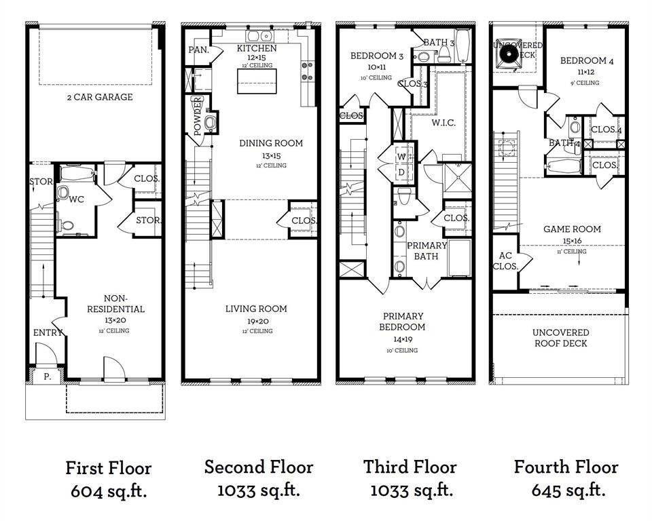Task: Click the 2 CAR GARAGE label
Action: [x=99, y=97]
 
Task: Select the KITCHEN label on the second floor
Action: [x=256, y=49]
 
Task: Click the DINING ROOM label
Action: [x=270, y=143]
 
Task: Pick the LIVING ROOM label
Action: [x=256, y=309]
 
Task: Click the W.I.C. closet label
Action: [x=443, y=123]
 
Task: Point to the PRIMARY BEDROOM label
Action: [x=403, y=322]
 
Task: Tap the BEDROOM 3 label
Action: [x=377, y=56]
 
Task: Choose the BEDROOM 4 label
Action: [x=587, y=61]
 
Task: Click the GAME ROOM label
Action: [x=572, y=229]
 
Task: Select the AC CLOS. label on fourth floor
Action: [x=505, y=261]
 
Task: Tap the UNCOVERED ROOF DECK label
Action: [x=560, y=338]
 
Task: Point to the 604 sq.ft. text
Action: [x=109, y=491]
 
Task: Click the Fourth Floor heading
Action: [x=566, y=467]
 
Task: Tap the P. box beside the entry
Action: [x=47, y=374]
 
